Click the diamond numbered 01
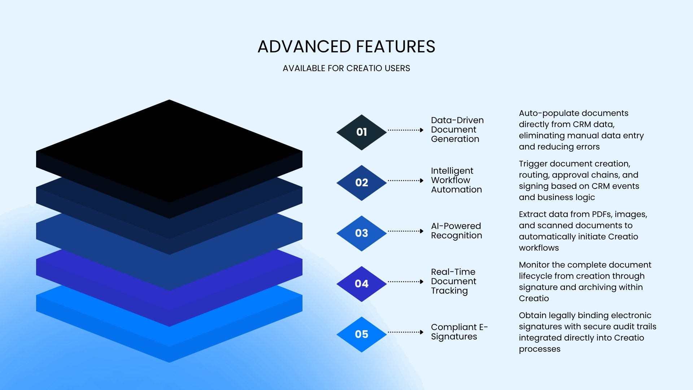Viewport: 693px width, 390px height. tap(361, 132)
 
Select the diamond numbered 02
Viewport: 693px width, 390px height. tap(361, 183)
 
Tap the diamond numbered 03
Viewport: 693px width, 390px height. tap(361, 233)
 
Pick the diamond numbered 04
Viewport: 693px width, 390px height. tap(361, 284)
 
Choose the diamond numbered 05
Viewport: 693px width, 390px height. tap(361, 334)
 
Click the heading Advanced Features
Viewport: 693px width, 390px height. tap(346, 47)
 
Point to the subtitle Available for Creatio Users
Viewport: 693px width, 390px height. tap(346, 68)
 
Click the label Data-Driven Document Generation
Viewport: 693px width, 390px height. tap(457, 130)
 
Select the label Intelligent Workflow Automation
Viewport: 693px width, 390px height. tap(456, 180)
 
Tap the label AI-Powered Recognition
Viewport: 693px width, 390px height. tap(456, 231)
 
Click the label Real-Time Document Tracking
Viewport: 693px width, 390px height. tap(453, 281)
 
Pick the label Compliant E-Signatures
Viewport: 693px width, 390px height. tap(459, 332)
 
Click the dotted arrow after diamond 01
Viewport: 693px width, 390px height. tap(405, 130)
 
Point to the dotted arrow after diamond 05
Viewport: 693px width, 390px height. tap(405, 332)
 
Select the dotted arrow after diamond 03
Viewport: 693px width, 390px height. tap(405, 231)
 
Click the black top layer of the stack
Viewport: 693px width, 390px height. tap(169, 152)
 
